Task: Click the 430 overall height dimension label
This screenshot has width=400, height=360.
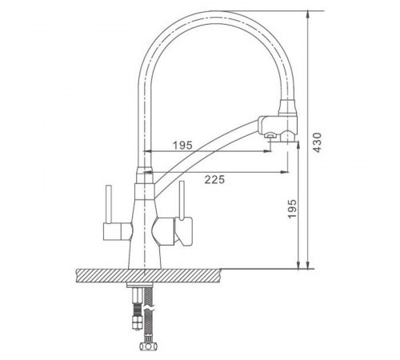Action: click(x=317, y=142)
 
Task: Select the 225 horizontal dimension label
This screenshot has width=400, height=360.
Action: click(x=214, y=179)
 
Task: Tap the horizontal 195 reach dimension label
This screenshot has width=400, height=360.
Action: click(x=182, y=146)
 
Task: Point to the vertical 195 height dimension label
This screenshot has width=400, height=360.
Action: click(x=292, y=209)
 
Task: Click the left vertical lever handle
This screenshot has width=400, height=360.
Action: click(x=109, y=204)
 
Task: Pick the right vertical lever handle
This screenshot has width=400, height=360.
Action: click(x=182, y=201)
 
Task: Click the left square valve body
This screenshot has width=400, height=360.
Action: click(x=113, y=231)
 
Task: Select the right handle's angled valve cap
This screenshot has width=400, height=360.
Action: click(x=184, y=231)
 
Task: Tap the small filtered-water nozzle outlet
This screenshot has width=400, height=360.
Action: click(x=269, y=136)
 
